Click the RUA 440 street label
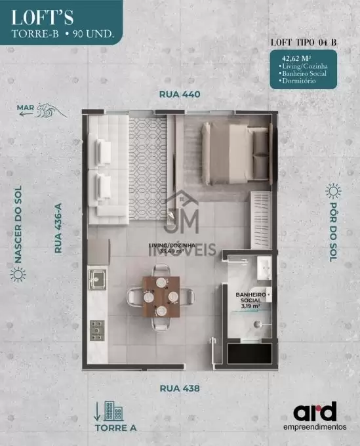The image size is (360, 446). pos(180,94)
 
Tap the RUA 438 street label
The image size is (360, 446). pos(180,388)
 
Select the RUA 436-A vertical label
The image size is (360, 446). pos(58,228)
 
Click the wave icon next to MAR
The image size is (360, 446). pos(51,110)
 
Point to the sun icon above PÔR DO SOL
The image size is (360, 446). pos(333,191)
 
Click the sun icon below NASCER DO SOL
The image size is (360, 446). pos(18,274)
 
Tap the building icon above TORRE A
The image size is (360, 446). pos(113,411)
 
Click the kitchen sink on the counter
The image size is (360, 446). pos(97,279)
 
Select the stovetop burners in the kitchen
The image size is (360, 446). pos(97,331)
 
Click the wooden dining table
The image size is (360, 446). pos(161,296)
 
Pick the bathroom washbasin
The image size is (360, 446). pos(264,268)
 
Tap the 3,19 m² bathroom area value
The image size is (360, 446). pos(251,306)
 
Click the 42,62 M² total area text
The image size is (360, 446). pos(296,58)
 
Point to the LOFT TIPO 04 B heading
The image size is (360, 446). pos(304,43)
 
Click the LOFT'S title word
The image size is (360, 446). pos(43,17)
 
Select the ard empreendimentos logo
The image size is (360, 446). pos(315,416)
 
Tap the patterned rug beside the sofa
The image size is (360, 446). pos(148,169)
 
